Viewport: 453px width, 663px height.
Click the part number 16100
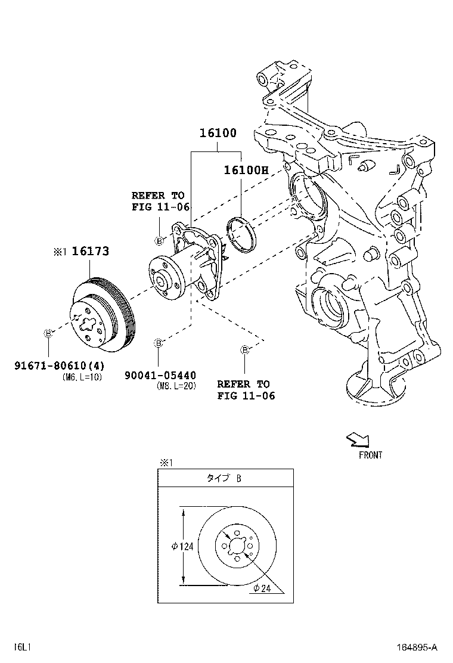(x=218, y=133)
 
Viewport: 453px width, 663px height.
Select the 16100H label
(x=246, y=170)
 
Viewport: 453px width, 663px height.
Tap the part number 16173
(x=91, y=251)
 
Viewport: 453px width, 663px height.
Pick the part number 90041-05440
(x=160, y=375)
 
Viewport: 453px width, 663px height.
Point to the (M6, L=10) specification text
(x=82, y=377)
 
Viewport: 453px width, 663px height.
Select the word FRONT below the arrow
(x=370, y=455)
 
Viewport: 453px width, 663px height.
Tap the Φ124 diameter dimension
(x=182, y=547)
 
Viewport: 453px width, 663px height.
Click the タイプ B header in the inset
(x=224, y=478)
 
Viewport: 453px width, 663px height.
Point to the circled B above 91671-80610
(x=48, y=334)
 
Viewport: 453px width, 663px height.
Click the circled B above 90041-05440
(x=159, y=343)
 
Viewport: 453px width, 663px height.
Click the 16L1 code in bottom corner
(x=23, y=647)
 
